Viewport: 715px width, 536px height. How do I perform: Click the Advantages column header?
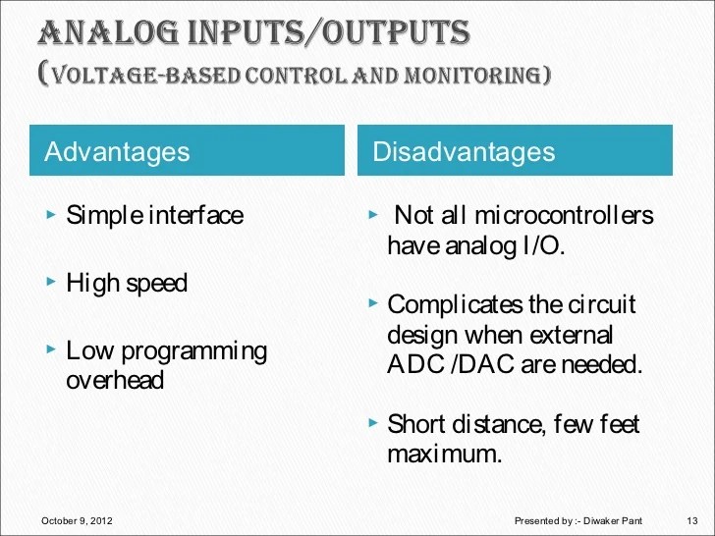click(x=117, y=151)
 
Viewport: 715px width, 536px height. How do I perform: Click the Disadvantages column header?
click(x=464, y=151)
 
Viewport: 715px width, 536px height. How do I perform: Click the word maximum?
click(x=444, y=455)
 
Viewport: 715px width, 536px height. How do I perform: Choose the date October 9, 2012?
click(x=78, y=519)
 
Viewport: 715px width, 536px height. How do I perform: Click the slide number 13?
click(x=688, y=519)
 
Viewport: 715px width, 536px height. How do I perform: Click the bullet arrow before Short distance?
click(x=373, y=424)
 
